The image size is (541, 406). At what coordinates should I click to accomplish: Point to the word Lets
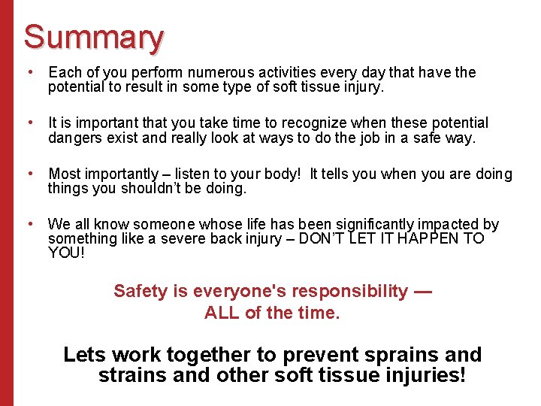click(82, 355)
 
